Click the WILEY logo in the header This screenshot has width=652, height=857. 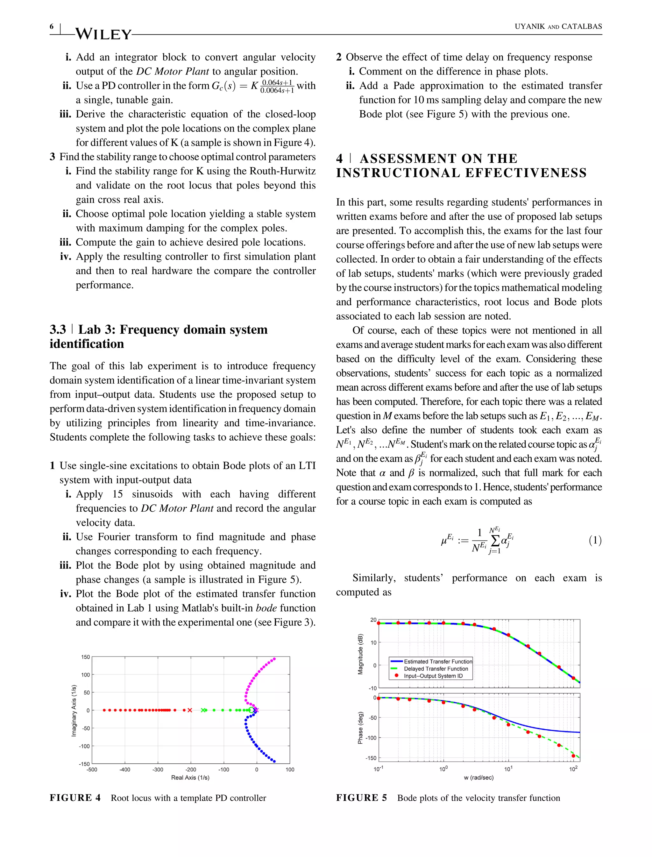(103, 34)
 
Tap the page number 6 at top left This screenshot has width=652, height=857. (52, 26)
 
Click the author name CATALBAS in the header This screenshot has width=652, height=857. (582, 26)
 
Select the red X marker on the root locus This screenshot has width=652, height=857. (190, 710)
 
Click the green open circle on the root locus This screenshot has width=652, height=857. (252, 710)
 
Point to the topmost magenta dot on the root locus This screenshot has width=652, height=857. (274, 659)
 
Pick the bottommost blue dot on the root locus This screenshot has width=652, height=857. (274, 761)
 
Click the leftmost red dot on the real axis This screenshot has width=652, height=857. (104, 710)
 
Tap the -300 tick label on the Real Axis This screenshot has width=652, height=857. (158, 770)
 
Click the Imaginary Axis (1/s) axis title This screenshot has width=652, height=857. (74, 710)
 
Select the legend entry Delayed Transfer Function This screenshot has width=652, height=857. (436, 669)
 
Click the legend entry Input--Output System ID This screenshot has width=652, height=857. (433, 676)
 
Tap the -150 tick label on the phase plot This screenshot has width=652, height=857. (371, 758)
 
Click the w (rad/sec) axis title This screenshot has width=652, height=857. (478, 777)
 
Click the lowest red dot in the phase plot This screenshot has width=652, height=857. (573, 756)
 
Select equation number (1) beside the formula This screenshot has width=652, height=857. (595, 540)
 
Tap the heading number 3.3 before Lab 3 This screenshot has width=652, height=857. (58, 329)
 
